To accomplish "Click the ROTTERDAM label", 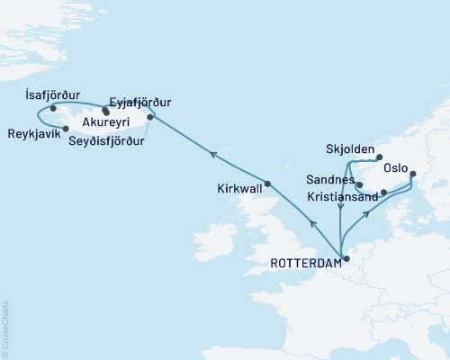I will [x=306, y=263].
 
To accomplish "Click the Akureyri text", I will [x=106, y=120].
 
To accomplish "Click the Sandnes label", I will [x=331, y=179].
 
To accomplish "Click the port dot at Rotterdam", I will [x=346, y=259].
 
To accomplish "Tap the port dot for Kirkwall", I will [x=267, y=184].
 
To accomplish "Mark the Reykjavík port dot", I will [x=66, y=128].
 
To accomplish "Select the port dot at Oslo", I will [x=413, y=175].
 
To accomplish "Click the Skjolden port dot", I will [x=380, y=155].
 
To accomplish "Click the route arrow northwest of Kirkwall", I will [x=212, y=155].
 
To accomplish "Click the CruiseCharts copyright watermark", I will [x=5, y=327].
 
